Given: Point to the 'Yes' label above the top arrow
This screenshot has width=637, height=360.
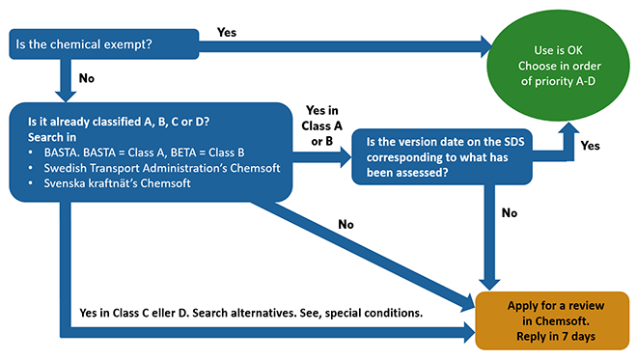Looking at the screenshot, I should pyautogui.click(x=227, y=31).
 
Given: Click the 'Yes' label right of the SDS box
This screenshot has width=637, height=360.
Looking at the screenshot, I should pyautogui.click(x=591, y=146).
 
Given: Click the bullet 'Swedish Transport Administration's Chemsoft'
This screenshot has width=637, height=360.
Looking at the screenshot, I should pyautogui.click(x=154, y=168).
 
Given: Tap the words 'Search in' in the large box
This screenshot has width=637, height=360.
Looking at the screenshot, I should pyautogui.click(x=44, y=137).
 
